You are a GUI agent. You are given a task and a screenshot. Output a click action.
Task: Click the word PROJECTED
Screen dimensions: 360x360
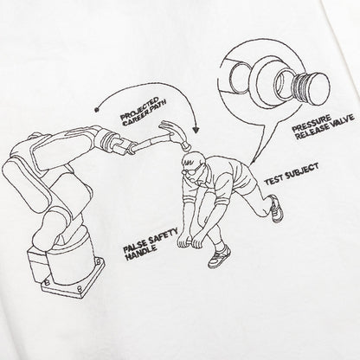click(x=140, y=109)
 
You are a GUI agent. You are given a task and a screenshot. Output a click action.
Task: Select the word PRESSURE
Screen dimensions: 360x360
click(x=312, y=123)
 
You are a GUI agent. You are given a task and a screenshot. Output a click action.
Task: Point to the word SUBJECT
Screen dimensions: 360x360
click(x=301, y=172)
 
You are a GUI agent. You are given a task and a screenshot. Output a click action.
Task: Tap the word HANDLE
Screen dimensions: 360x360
click(x=142, y=252)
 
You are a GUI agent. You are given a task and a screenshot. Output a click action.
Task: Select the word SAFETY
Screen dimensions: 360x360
click(x=163, y=235)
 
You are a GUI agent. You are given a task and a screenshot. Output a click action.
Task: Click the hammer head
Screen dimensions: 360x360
click(x=175, y=134)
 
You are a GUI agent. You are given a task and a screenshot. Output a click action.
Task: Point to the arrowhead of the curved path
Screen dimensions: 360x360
click(x=196, y=129)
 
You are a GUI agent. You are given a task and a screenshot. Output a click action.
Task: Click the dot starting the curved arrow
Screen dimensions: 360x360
click(x=97, y=109)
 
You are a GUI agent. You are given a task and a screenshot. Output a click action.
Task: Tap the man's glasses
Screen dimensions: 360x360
click(x=190, y=170)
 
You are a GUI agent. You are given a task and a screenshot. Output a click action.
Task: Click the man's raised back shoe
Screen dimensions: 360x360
click(x=276, y=209)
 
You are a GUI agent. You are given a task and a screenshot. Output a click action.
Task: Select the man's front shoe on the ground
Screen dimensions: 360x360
click(x=219, y=255)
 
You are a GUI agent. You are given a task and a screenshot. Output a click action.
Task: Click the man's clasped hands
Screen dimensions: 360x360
click(x=190, y=241)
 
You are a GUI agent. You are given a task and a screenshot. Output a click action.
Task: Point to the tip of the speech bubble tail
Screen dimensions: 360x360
click(x=251, y=164)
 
